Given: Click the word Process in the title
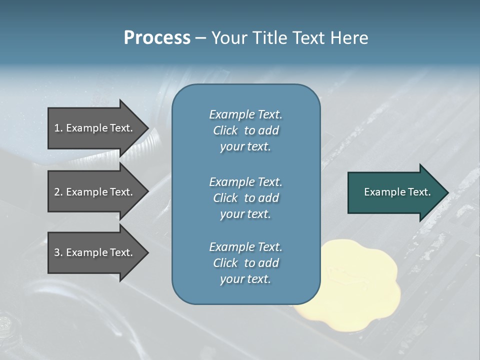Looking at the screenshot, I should click(x=157, y=37).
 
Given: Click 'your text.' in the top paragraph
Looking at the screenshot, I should click(x=245, y=147).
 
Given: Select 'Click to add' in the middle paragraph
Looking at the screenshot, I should click(x=245, y=198).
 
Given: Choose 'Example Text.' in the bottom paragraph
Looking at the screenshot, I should click(x=245, y=247).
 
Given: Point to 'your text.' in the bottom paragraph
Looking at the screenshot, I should click(x=245, y=279).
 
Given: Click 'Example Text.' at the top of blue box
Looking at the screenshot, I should click(x=245, y=114).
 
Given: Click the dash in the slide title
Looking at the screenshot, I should click(x=200, y=37).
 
